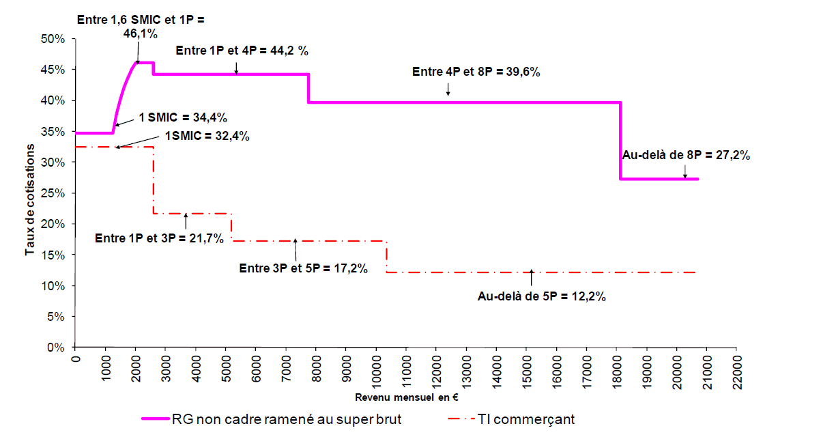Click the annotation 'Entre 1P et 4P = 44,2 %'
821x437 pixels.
click(237, 51)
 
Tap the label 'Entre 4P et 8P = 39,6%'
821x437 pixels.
click(476, 72)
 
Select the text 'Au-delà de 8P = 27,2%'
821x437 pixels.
click(686, 155)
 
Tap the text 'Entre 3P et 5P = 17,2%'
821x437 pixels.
click(304, 268)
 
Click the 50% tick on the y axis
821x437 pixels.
click(53, 39)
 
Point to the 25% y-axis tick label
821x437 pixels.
click(53, 193)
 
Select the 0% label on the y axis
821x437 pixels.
click(55, 348)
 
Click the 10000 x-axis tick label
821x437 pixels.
click(376, 369)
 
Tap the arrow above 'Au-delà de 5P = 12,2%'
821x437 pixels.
click(532, 275)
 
